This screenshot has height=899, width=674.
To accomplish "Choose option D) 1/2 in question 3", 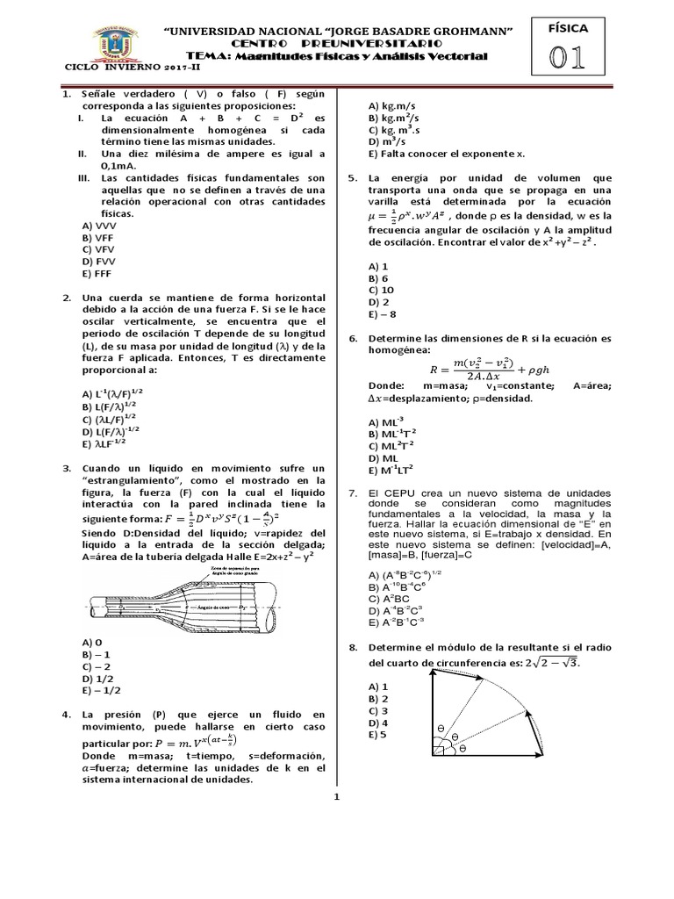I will click(93, 678).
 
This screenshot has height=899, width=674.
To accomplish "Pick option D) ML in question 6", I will click(384, 457).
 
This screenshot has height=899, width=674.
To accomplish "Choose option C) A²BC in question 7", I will click(389, 598).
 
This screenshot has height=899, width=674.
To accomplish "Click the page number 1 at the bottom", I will click(335, 797).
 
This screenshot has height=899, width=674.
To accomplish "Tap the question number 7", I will click(352, 493).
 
